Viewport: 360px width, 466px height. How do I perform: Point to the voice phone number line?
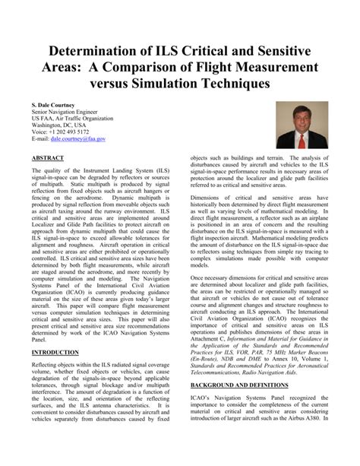(60, 132)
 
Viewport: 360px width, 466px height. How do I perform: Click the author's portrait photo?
(302, 125)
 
